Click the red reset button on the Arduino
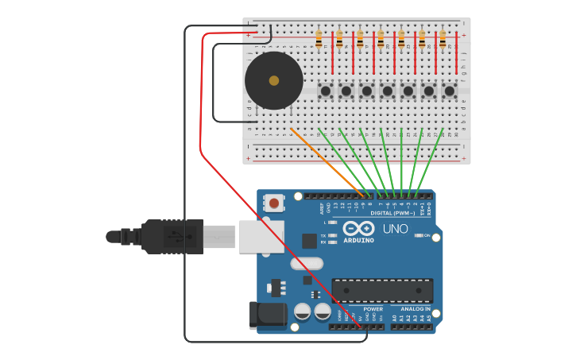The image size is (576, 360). click(274, 203)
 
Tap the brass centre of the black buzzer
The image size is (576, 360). click(274, 80)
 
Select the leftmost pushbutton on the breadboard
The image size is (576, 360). click(326, 91)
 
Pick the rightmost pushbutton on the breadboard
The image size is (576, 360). click(450, 91)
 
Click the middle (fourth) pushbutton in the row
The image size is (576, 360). click(388, 91)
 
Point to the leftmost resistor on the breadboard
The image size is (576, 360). click(319, 39)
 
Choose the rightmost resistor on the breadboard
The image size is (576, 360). click(443, 39)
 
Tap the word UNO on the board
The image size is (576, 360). click(395, 229)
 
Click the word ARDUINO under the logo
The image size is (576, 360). click(358, 240)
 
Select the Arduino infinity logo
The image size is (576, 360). click(358, 229)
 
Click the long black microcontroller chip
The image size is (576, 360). click(382, 290)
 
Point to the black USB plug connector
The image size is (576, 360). click(171, 236)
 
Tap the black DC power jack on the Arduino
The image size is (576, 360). click(268, 315)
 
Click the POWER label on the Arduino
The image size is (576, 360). click(373, 308)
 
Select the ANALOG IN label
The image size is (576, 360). click(416, 308)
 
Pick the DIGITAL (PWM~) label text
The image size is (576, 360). click(392, 213)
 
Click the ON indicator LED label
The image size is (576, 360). click(426, 235)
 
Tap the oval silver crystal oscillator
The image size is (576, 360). click(307, 263)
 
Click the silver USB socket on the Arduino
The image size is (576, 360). click(261, 237)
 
